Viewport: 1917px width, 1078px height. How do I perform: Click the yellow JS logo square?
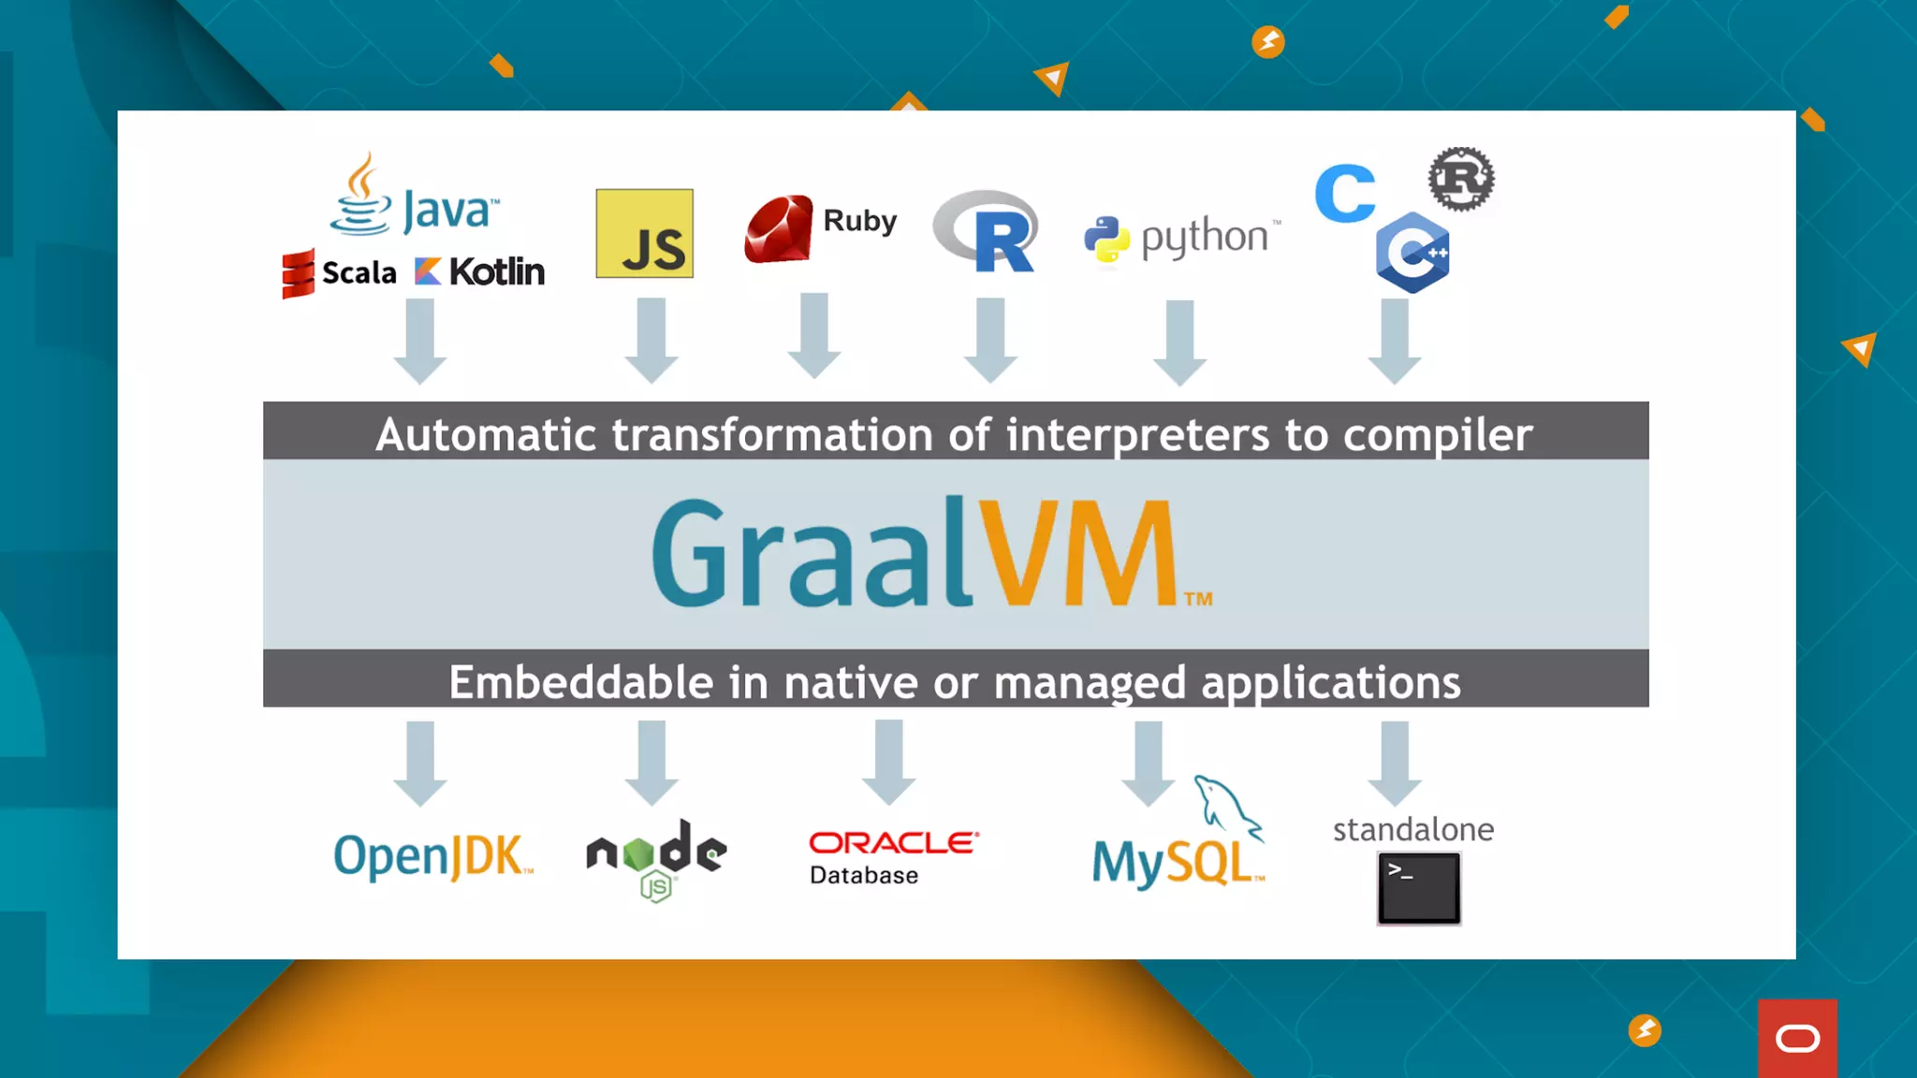(644, 233)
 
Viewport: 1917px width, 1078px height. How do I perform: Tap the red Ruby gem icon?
(778, 228)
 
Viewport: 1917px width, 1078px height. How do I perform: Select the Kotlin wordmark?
(496, 271)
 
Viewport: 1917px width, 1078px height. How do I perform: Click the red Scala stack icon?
(298, 273)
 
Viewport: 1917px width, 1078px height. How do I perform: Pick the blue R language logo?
(988, 231)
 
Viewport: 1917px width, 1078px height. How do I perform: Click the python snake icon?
(1106, 240)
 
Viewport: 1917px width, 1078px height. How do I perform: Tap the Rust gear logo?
(1460, 178)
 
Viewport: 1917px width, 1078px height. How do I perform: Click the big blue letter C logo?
(1344, 194)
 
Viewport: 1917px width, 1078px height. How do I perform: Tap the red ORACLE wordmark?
(893, 842)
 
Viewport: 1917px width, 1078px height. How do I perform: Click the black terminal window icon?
(1418, 887)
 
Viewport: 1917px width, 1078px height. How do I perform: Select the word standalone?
(1412, 829)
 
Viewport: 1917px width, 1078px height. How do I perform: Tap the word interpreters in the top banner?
(1137, 435)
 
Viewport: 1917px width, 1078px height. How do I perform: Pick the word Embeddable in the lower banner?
(580, 681)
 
